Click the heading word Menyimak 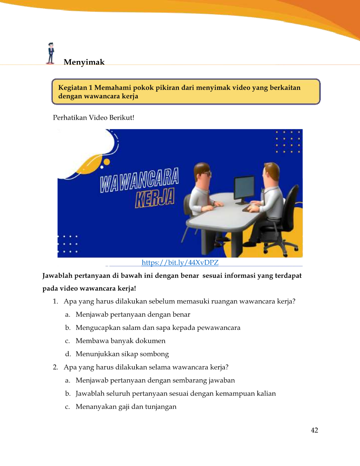(x=84, y=62)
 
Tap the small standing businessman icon (x=51, y=53)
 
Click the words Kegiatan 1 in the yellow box (x=75, y=88)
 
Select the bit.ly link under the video (x=180, y=263)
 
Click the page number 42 (x=314, y=430)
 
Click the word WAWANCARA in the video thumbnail (x=139, y=180)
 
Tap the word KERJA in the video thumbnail (x=155, y=198)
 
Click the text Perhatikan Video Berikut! (x=94, y=117)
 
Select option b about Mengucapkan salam (x=158, y=328)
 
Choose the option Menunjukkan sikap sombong (x=122, y=354)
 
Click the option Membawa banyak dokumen (x=120, y=341)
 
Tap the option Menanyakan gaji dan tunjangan (x=126, y=407)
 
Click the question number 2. (x=55, y=367)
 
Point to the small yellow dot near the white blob (x=107, y=162)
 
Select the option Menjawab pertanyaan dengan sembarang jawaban (x=155, y=380)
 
